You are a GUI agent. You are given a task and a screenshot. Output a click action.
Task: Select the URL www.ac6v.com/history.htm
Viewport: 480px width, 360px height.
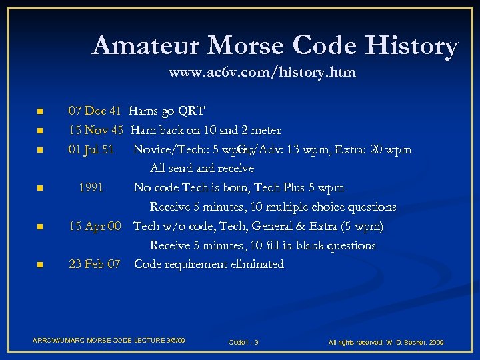[x=262, y=72]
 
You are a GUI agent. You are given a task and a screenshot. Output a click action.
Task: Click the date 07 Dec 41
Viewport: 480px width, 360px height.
[x=95, y=111]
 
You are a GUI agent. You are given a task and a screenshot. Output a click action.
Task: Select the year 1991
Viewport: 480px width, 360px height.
[x=91, y=188]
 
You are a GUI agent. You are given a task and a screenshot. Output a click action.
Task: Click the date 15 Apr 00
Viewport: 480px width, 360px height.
[x=95, y=227]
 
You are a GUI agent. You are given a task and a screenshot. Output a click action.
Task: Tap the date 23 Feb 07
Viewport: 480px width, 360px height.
[x=95, y=265]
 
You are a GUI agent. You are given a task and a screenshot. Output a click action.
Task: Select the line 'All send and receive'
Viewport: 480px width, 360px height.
[x=202, y=169]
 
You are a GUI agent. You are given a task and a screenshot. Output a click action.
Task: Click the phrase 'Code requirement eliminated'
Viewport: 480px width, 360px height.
[x=209, y=265]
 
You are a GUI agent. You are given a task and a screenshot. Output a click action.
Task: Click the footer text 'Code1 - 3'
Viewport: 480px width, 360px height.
[x=243, y=343]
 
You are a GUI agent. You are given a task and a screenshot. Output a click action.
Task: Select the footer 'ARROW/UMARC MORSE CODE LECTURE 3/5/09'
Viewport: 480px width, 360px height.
[x=109, y=341]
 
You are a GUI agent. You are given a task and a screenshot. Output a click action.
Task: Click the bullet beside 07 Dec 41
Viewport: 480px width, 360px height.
[x=39, y=111]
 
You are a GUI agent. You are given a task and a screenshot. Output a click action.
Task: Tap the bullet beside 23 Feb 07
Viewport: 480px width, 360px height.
[x=39, y=265]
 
